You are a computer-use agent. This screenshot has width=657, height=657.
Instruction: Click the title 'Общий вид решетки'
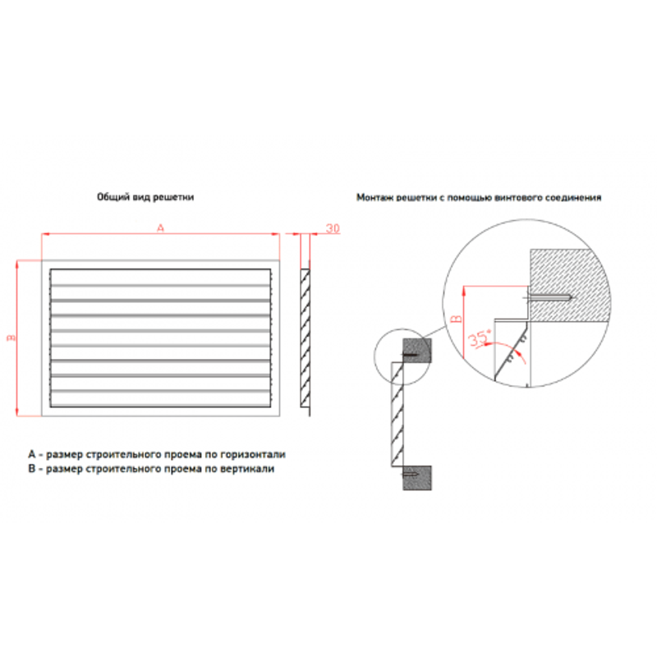[x=145, y=197]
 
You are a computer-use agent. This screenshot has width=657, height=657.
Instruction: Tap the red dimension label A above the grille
[x=160, y=228]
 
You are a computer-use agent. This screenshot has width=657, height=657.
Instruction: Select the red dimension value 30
[x=333, y=228]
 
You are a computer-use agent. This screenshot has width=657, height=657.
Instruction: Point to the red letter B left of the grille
[x=11, y=338]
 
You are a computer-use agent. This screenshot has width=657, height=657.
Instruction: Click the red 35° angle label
[x=480, y=338]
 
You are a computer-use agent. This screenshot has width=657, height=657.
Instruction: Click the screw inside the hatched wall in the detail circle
[x=549, y=298]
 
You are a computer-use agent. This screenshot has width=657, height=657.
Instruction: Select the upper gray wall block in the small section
[x=417, y=351]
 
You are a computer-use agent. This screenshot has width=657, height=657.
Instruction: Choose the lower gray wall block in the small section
[x=417, y=478]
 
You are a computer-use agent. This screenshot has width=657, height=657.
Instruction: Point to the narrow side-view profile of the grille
[x=306, y=338]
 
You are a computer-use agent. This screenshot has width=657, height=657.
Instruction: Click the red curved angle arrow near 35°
[x=507, y=348]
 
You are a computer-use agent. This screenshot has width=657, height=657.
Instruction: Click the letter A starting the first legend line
[x=32, y=454]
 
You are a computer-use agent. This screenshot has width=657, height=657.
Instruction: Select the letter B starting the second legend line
[x=32, y=468]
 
